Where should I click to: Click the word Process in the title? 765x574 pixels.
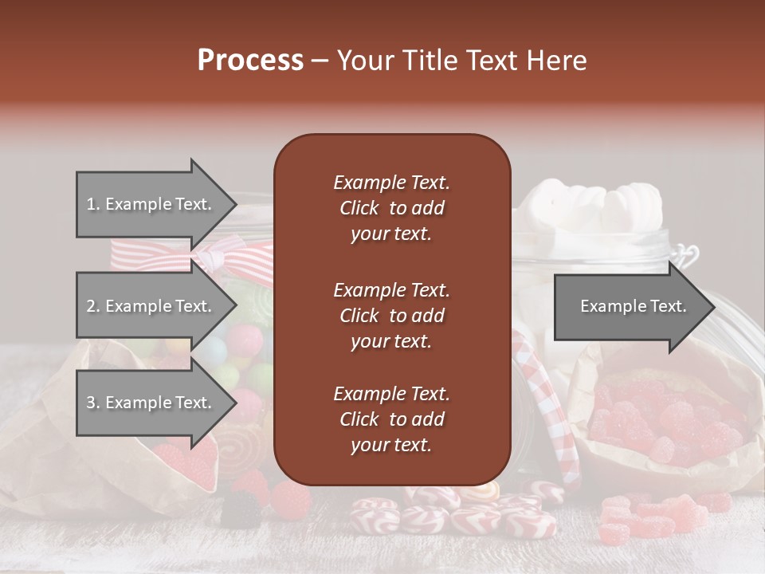point(250,61)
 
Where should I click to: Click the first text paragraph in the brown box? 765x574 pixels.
point(391,208)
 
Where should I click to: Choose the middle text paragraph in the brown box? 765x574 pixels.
point(391,315)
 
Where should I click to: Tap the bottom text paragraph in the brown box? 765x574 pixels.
point(391,419)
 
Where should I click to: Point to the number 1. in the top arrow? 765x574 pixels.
point(93,204)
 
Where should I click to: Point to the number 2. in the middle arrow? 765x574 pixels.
point(93,306)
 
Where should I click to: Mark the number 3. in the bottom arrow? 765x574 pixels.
point(93,403)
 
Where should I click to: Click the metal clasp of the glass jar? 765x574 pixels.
point(685,255)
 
